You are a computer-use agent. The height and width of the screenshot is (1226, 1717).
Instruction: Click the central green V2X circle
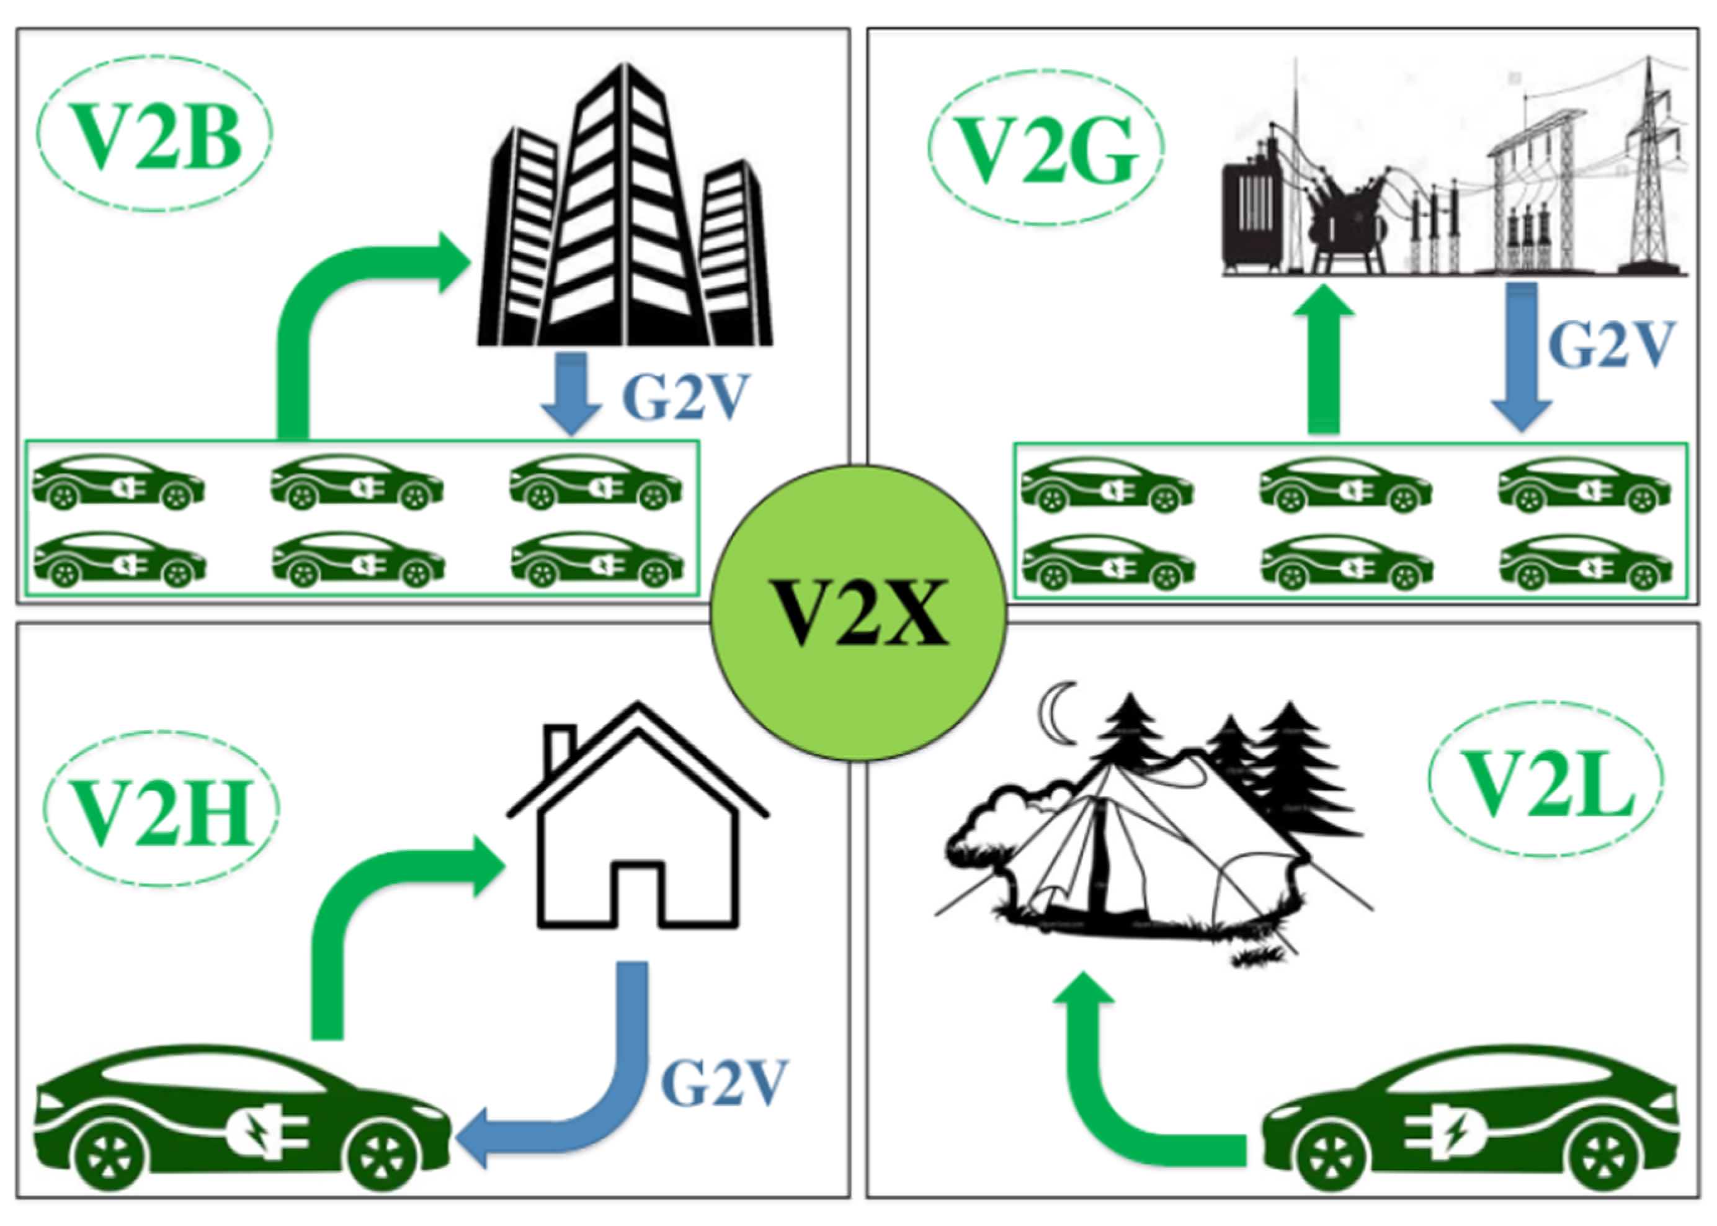[858, 612]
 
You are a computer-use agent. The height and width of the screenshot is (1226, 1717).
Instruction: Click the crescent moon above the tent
[1053, 713]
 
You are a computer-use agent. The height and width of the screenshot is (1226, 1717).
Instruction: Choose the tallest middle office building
[623, 212]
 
